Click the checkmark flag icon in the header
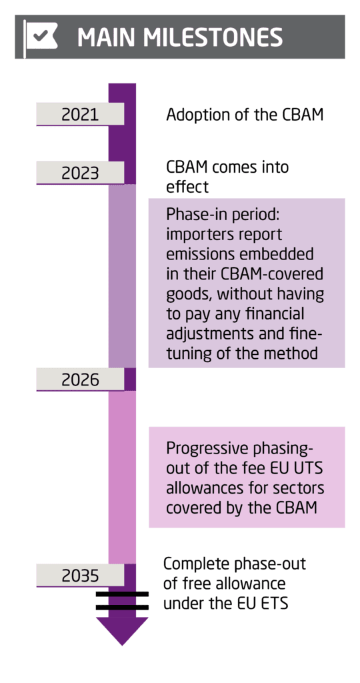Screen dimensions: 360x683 (x=41, y=37)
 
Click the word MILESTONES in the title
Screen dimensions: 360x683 (x=214, y=37)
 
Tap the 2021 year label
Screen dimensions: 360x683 (x=80, y=114)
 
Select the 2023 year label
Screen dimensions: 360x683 (x=80, y=173)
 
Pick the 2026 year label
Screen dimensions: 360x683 (x=80, y=380)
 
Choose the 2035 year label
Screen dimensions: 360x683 (x=80, y=576)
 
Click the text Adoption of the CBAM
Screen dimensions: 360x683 (x=245, y=115)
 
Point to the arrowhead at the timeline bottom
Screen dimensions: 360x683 (x=122, y=631)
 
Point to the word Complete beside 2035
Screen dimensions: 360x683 (x=195, y=564)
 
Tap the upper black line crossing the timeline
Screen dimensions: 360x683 (x=122, y=594)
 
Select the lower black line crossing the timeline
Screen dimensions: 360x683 (x=122, y=607)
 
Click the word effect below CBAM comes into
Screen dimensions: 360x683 (x=187, y=187)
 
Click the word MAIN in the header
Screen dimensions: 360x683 (x=107, y=37)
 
